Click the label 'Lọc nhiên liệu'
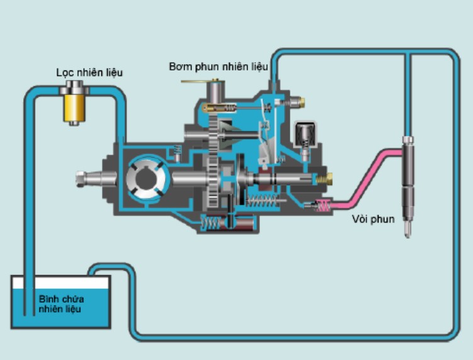click(89, 73)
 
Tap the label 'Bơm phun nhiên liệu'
click(218, 65)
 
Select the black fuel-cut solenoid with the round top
click(306, 133)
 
